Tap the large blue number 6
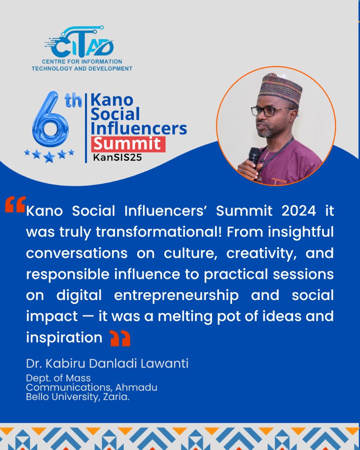50,121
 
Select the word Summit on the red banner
127,144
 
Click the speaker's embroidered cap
280,89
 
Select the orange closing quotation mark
120,339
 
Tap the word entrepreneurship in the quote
176,295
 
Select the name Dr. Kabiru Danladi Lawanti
107,363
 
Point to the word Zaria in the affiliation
118,397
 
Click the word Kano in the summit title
112,100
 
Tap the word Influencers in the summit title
139,128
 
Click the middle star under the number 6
49,157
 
